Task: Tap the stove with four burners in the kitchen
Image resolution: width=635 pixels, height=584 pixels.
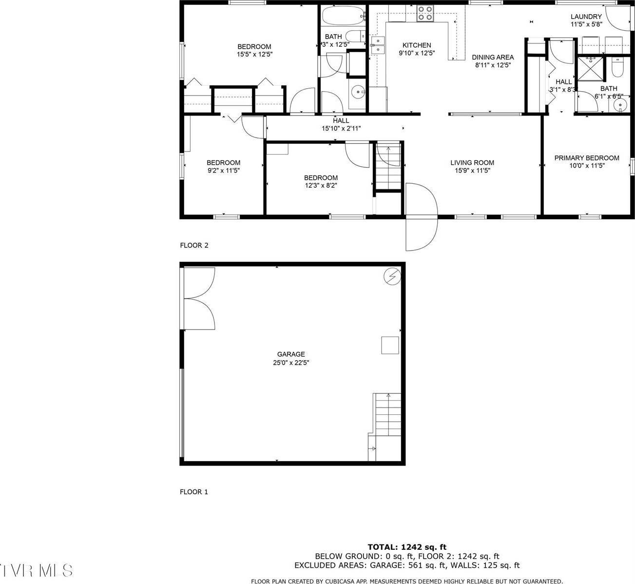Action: click(x=425, y=13)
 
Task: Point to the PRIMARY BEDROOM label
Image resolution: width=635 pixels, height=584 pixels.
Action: click(x=587, y=158)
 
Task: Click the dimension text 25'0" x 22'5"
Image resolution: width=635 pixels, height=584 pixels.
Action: click(x=291, y=363)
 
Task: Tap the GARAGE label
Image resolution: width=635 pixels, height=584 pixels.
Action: click(x=291, y=354)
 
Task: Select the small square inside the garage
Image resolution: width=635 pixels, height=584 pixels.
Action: click(x=390, y=345)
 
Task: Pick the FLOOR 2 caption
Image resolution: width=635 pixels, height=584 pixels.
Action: click(x=194, y=245)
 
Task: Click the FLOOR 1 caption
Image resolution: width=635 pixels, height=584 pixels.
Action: click(x=194, y=492)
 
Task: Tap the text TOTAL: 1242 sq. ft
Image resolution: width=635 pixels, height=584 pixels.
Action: click(x=407, y=547)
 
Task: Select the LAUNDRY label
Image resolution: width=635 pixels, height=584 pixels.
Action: click(x=586, y=17)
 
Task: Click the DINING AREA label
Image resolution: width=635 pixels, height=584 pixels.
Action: click(x=492, y=57)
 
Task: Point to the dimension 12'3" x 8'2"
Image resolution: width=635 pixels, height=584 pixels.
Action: click(x=321, y=185)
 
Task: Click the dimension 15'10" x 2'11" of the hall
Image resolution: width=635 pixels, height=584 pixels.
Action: click(x=341, y=129)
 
